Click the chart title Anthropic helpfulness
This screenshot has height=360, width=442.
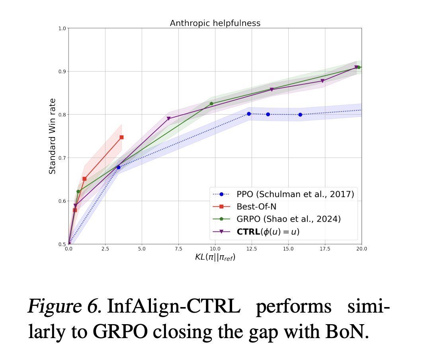215,23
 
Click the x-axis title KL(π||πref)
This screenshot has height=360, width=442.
215,257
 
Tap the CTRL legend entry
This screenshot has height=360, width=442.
268,231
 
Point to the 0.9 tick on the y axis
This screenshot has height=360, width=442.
61,71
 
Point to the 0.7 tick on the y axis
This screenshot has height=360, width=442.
61,158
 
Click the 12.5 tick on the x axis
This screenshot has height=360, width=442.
251,248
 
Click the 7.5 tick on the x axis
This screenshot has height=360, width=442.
178,248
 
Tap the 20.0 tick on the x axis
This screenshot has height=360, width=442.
361,248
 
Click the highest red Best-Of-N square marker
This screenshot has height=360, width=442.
121,137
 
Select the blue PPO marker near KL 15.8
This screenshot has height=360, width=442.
300,115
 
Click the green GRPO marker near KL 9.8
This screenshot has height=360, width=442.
211,104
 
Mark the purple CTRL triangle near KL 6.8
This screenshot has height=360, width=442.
168,119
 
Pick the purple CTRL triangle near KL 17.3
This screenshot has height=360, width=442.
323,81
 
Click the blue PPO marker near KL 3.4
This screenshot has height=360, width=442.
118,167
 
